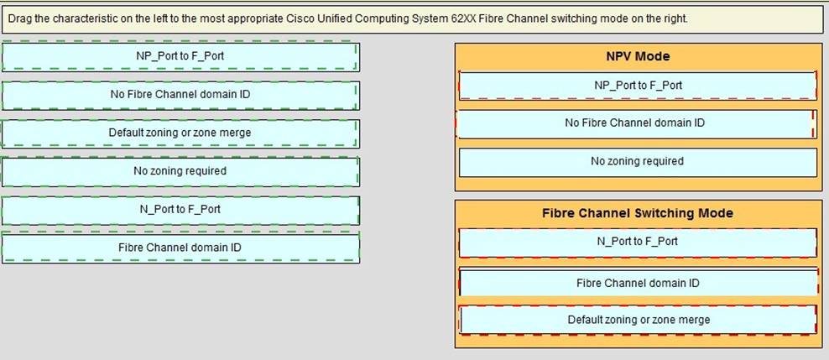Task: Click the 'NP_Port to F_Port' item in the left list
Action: tap(180, 56)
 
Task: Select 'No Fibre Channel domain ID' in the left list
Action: tap(180, 94)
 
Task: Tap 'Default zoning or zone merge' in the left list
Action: tap(180, 133)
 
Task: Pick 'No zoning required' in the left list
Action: tap(180, 171)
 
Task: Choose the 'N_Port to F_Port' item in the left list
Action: tap(180, 209)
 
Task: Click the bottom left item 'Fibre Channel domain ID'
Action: tap(180, 248)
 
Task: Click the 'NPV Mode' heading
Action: tap(638, 56)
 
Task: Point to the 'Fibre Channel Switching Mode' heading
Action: tap(638, 213)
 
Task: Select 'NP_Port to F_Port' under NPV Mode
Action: tap(638, 85)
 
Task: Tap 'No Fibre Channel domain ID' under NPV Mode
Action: tap(634, 123)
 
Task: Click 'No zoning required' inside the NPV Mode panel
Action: tap(638, 161)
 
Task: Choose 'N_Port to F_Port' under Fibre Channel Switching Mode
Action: tap(638, 242)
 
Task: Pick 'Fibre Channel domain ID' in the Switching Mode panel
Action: tap(638, 283)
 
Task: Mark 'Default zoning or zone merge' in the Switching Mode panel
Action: tap(638, 320)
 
